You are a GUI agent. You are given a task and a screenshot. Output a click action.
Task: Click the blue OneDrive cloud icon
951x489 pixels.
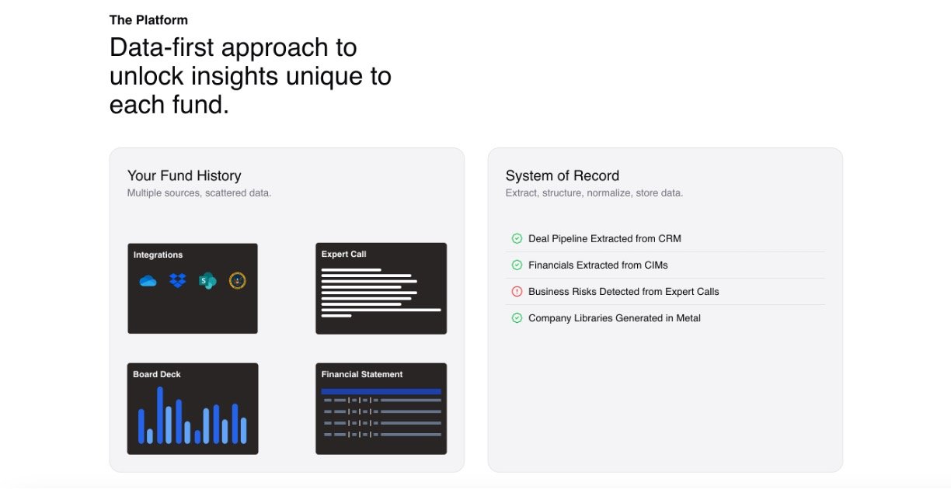point(148,281)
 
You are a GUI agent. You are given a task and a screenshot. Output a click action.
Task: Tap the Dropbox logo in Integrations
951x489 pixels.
point(177,281)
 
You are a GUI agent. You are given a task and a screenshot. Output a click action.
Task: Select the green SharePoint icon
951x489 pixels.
point(207,281)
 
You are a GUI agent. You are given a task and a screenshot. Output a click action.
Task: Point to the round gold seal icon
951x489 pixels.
point(237,281)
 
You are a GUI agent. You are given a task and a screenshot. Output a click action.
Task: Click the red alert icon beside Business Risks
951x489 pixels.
point(517,291)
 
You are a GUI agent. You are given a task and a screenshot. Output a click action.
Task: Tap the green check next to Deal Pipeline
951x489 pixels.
point(517,238)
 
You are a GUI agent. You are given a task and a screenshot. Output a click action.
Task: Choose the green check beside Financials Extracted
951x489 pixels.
point(517,265)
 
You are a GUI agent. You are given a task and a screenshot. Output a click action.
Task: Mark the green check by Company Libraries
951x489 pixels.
point(517,317)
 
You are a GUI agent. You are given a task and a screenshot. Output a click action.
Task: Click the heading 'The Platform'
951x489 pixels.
point(148,20)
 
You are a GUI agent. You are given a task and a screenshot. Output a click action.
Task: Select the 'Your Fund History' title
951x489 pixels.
point(184,175)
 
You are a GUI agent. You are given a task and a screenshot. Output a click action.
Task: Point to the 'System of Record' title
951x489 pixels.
point(563,175)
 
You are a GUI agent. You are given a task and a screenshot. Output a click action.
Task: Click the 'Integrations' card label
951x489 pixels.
point(158,255)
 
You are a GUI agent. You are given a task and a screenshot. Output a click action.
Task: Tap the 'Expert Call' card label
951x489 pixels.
point(344,254)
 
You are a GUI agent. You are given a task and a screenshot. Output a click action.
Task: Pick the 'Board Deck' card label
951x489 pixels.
point(157,374)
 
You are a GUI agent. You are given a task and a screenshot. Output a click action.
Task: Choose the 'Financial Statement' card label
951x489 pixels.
point(362,374)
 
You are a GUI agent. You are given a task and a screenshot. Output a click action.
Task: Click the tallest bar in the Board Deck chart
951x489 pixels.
point(160,414)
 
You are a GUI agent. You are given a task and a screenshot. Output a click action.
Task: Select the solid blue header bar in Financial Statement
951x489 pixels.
point(381,391)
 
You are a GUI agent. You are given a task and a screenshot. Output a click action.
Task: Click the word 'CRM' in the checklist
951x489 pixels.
point(670,238)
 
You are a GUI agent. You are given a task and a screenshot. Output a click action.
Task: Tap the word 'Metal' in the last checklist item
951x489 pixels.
point(688,318)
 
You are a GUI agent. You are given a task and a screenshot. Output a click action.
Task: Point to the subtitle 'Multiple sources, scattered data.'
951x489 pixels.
point(199,193)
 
